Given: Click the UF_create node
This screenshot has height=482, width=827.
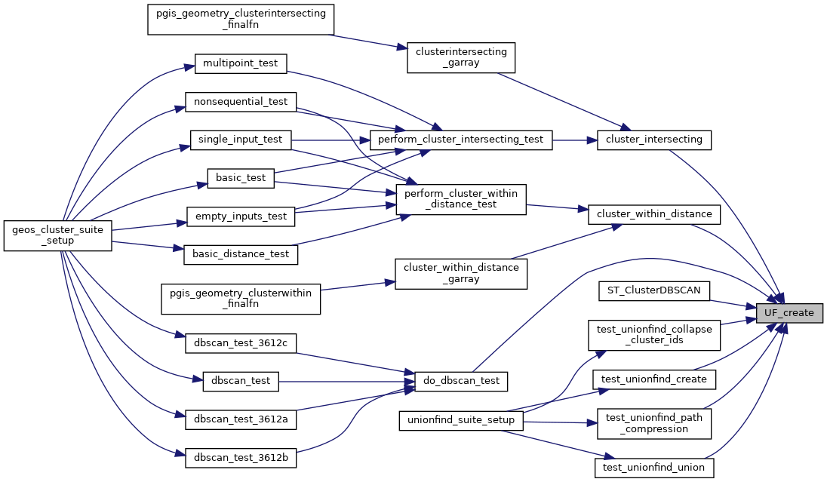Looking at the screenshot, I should (x=789, y=313).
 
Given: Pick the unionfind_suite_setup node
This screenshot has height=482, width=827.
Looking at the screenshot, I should (x=461, y=420).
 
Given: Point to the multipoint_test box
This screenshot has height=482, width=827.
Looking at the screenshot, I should (x=241, y=63).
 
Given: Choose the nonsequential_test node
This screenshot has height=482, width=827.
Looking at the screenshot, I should (x=241, y=101).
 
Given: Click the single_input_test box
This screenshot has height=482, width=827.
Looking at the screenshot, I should (x=240, y=140).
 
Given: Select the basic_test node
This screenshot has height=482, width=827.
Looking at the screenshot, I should (x=240, y=178).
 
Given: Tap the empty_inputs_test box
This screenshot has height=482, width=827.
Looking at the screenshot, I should (x=240, y=216).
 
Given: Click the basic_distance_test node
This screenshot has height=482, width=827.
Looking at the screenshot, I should (x=241, y=254).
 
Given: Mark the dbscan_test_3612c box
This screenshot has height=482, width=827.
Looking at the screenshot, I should (x=241, y=343).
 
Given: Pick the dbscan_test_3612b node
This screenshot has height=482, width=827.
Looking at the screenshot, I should (x=241, y=458).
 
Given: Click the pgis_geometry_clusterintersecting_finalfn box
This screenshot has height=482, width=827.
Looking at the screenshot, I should (x=241, y=20).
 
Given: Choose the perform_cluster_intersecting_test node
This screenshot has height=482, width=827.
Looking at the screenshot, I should (x=461, y=140).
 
